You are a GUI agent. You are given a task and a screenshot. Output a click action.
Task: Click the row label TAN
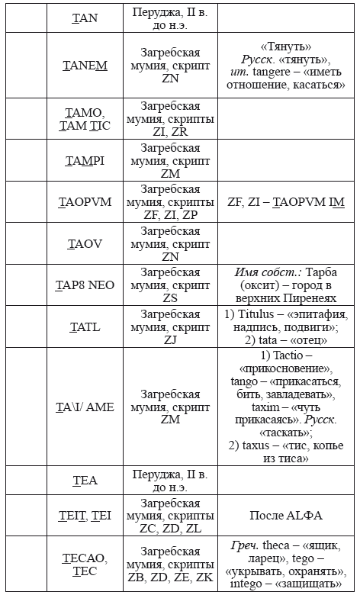click(85, 18)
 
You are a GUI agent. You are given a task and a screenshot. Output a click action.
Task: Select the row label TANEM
click(85, 66)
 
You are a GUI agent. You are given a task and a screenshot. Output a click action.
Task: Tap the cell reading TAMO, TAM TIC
click(85, 119)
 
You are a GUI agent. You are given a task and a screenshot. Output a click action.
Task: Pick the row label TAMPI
click(85, 161)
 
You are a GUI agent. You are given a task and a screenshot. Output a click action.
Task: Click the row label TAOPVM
click(85, 202)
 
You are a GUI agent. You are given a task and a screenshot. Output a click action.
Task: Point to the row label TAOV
click(85, 244)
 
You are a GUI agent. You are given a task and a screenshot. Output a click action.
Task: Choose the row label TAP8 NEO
click(85, 285)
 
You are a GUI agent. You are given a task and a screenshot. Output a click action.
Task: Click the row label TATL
click(85, 326)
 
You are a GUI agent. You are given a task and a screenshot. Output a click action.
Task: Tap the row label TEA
click(85, 480)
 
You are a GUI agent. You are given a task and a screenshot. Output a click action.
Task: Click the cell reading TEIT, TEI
click(85, 515)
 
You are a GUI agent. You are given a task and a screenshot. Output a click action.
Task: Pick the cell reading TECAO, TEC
click(85, 564)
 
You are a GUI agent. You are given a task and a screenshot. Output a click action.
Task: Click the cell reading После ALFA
click(287, 515)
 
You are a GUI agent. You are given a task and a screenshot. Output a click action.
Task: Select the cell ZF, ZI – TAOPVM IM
click(287, 202)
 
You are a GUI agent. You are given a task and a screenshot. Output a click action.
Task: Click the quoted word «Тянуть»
click(286, 46)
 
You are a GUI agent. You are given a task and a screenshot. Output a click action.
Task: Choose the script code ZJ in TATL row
click(170, 340)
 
